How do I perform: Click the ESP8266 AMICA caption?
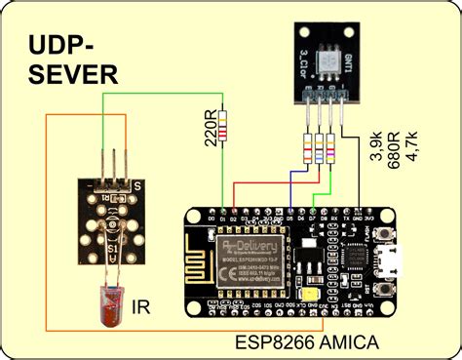pyautogui.click(x=305, y=342)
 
